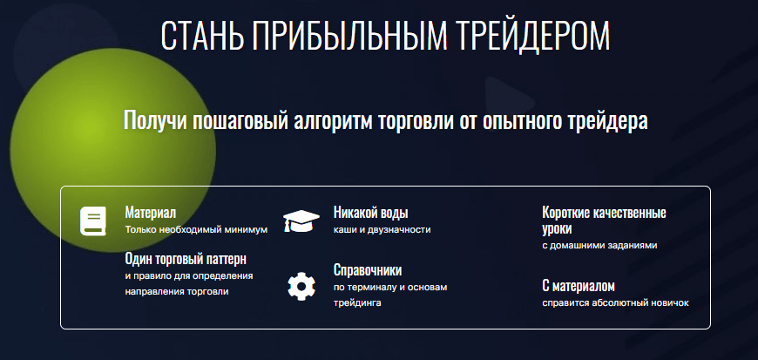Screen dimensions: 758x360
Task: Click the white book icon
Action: click(x=93, y=221)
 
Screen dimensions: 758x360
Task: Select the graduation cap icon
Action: click(x=301, y=221)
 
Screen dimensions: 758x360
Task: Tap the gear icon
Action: click(x=301, y=287)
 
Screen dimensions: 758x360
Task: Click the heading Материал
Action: click(x=151, y=213)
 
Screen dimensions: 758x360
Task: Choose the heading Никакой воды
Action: click(x=371, y=213)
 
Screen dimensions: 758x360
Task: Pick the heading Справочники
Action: click(x=368, y=270)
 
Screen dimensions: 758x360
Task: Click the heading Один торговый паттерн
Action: click(x=186, y=260)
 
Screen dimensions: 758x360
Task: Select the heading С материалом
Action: click(x=579, y=286)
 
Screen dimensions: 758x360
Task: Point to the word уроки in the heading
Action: click(x=557, y=229)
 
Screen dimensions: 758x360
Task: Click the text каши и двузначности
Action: click(x=382, y=230)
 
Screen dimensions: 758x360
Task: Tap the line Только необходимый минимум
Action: click(x=196, y=230)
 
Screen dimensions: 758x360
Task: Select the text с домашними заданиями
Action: click(x=599, y=245)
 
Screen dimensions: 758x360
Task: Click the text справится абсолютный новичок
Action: click(x=615, y=303)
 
